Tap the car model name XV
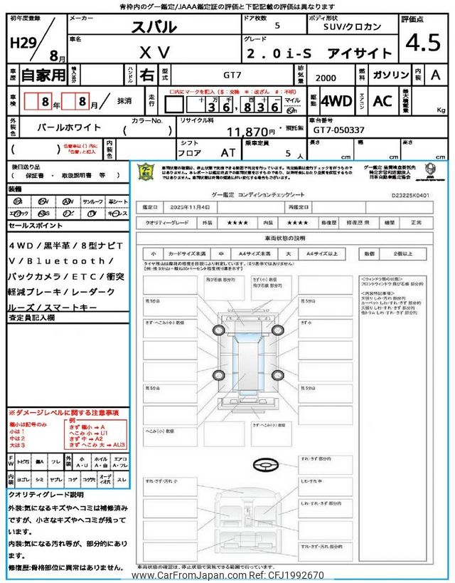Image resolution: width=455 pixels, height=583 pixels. [154, 53]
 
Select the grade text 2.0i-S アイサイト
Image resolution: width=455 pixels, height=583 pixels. [318, 53]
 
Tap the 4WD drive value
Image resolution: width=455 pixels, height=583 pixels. [336, 100]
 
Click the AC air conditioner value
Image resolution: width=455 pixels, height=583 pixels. [382, 100]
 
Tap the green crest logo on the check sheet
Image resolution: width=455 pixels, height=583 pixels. [146, 173]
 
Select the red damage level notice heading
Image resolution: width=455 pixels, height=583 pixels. [63, 413]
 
